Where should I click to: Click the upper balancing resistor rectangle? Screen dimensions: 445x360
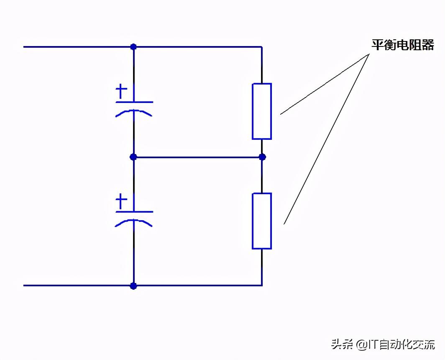pyautogui.click(x=262, y=111)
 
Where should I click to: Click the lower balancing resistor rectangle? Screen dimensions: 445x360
pyautogui.click(x=262, y=221)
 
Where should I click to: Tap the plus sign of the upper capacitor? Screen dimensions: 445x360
pyautogui.click(x=121, y=92)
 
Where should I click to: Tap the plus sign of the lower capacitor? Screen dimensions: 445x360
pyautogui.click(x=121, y=201)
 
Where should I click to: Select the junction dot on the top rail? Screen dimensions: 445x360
pyautogui.click(x=133, y=46)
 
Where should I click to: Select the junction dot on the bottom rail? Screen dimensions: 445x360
pyautogui.click(x=133, y=286)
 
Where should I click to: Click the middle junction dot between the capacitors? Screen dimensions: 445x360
pyautogui.click(x=133, y=157)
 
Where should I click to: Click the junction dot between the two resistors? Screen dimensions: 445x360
pyautogui.click(x=262, y=157)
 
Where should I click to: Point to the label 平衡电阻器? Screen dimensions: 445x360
pyautogui.click(x=403, y=45)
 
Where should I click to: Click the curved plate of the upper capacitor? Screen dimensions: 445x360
pyautogui.click(x=134, y=113)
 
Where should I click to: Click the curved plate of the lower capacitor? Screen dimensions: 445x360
pyautogui.click(x=134, y=223)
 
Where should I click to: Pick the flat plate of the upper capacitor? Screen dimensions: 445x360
pyautogui.click(x=134, y=102)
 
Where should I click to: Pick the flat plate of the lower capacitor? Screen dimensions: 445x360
pyautogui.click(x=134, y=212)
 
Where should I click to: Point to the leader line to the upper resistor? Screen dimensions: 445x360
pyautogui.click(x=325, y=84)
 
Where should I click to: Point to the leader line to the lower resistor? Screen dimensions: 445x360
pyautogui.click(x=327, y=139)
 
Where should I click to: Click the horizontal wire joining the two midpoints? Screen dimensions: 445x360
pyautogui.click(x=198, y=157)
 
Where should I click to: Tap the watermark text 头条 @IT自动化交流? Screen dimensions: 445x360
pyautogui.click(x=383, y=345)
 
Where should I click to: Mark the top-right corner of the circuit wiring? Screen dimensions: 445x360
pyautogui.click(x=262, y=47)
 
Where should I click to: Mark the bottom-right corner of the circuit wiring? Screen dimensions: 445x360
pyautogui.click(x=262, y=285)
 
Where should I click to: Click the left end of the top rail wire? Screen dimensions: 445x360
pyautogui.click(x=23, y=47)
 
